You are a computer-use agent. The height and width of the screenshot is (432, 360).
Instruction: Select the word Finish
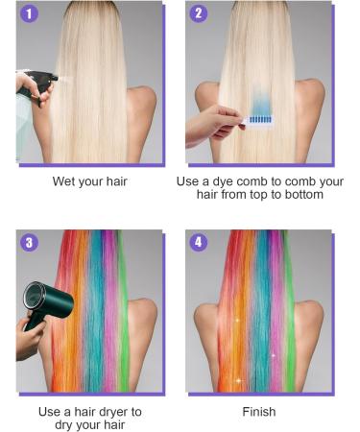(x=259, y=412)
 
